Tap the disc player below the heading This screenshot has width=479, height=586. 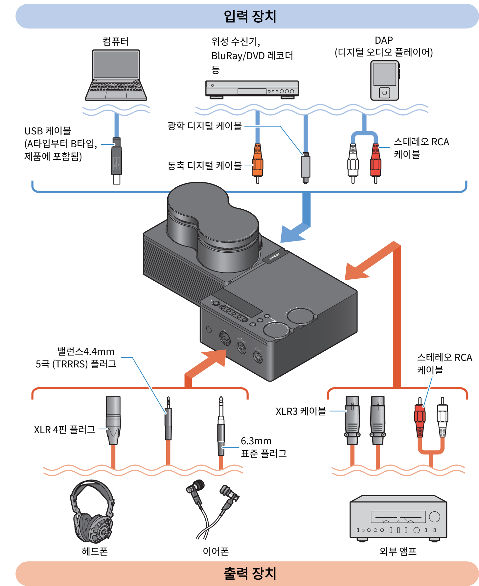252,89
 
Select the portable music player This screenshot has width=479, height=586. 385,81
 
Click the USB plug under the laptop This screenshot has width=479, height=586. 116,161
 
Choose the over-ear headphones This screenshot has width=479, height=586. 92,511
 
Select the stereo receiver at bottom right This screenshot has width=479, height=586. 398,518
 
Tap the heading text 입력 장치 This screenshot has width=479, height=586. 250,16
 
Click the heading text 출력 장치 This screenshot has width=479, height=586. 250,574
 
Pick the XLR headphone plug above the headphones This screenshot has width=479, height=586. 113,421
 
